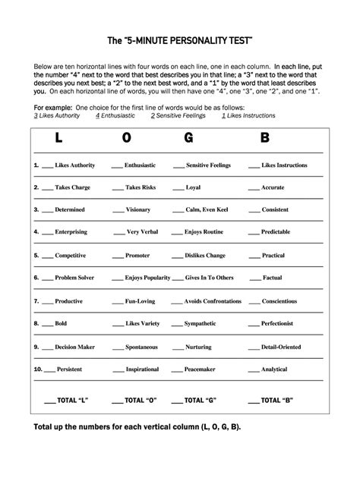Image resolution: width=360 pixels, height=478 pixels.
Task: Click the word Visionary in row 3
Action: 138,209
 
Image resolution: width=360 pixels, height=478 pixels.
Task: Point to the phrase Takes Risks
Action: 141,187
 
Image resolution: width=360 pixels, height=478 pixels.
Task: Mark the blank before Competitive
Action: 47,256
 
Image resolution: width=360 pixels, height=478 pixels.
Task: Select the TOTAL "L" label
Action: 73,398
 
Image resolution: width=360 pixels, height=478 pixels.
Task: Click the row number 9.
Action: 36,346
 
